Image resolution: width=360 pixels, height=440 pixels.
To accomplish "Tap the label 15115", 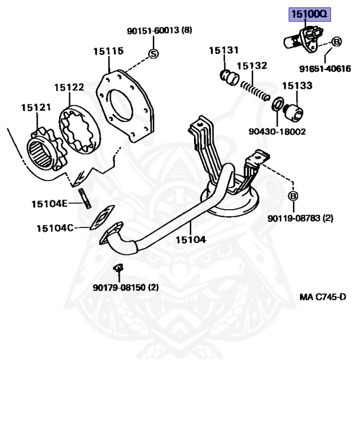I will [x=108, y=51].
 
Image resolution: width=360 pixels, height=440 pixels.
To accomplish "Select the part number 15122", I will [x=69, y=87].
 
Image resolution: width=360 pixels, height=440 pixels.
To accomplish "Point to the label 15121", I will [x=36, y=107].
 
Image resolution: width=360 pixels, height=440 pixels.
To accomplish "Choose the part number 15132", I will [x=252, y=66].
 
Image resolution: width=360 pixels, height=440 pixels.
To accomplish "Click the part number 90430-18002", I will [x=277, y=131].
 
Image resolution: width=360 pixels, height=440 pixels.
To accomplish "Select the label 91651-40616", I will [x=325, y=69].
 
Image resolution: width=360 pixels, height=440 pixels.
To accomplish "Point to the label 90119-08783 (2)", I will [x=300, y=218].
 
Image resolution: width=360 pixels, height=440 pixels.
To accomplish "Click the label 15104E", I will [x=49, y=203].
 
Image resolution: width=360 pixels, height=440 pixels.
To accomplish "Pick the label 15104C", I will [x=55, y=228].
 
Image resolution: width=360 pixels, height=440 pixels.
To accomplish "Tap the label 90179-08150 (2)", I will [x=125, y=287].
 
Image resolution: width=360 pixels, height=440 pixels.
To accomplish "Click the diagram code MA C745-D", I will [x=323, y=297].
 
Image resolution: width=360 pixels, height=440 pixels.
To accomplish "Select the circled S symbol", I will [x=153, y=54].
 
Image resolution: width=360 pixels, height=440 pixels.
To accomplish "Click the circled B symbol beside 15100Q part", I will [x=337, y=41].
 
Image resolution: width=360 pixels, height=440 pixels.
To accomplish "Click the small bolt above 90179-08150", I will [x=118, y=267].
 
